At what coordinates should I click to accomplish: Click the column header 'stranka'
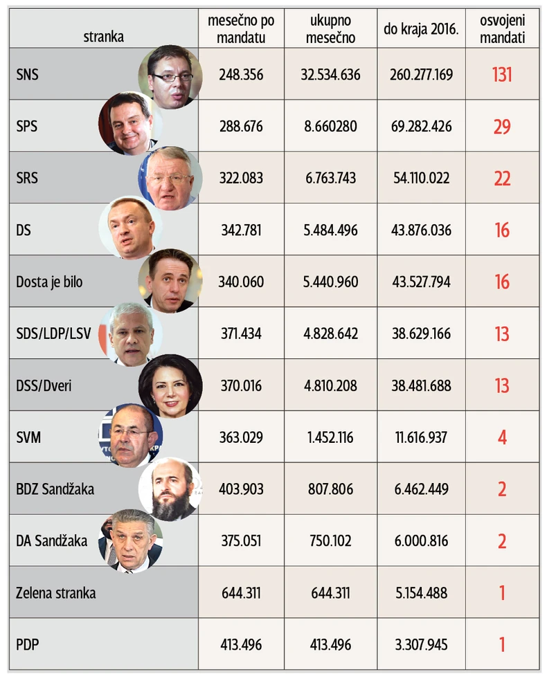coord(103,37)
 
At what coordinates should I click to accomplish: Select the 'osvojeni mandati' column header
coord(502,29)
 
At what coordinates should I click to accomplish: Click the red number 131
coord(502,74)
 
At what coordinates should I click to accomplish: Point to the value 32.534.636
coord(330,74)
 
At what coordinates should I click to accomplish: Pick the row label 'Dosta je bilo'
coord(54,282)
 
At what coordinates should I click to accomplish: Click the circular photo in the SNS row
coord(170,76)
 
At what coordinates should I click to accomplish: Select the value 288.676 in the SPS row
coord(240,127)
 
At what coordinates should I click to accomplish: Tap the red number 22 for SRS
coord(502,179)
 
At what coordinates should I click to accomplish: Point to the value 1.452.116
coord(330,437)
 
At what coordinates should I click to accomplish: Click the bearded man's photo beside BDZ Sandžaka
coord(170,489)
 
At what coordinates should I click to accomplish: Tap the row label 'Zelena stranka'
coord(56,593)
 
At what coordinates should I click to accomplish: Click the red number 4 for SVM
coord(502,437)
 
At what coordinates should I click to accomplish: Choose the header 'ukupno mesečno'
coord(330,29)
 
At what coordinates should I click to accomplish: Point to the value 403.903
coord(240,489)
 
